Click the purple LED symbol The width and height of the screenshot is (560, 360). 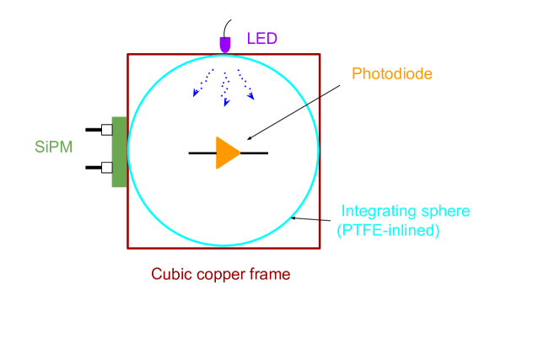[x=225, y=42]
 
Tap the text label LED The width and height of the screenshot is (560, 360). [x=261, y=38]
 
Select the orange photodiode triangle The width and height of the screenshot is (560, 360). [x=227, y=153]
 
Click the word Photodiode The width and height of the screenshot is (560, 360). [x=386, y=73]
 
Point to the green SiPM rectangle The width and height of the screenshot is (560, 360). [x=120, y=152]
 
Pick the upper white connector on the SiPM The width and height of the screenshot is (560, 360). [x=106, y=130]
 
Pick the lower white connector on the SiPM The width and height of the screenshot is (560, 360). [x=106, y=166]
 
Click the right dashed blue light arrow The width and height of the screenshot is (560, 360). [x=245, y=84]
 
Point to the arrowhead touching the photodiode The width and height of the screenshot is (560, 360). [x=246, y=138]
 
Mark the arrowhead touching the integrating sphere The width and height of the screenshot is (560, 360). [x=293, y=218]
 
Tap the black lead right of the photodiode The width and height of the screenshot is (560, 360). [x=254, y=153]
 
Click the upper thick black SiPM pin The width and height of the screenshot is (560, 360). [x=94, y=130]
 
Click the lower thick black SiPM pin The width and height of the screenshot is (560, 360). [x=94, y=166]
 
